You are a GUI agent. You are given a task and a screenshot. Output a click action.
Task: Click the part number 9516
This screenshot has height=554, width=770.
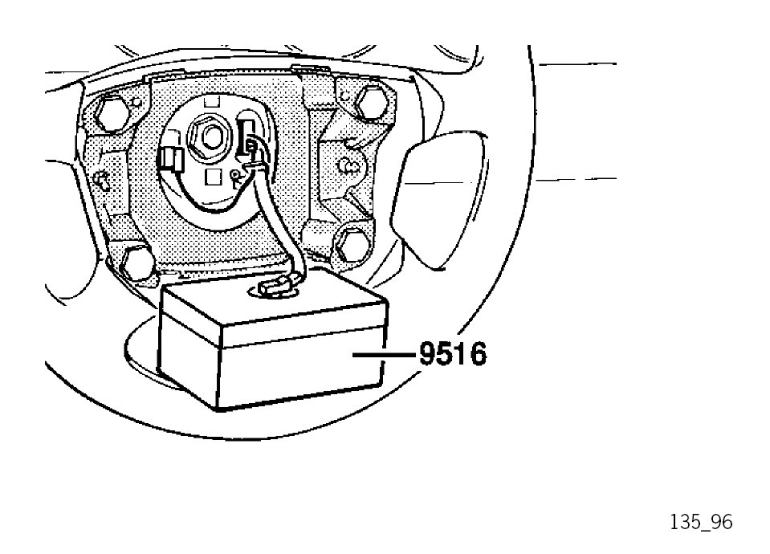452,353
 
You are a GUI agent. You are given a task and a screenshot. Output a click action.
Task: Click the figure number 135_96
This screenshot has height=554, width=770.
701,522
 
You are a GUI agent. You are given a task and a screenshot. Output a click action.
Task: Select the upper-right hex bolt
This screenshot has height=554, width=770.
370,100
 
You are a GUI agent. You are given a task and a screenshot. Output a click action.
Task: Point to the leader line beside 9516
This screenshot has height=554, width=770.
385,353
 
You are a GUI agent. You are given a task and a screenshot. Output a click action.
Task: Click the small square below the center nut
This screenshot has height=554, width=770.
213,175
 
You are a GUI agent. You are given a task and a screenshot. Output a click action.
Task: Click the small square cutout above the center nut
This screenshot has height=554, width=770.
210,103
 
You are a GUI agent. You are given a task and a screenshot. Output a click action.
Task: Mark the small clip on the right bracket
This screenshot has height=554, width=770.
351,166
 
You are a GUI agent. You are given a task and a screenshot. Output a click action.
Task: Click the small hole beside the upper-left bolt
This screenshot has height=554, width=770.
136,103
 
